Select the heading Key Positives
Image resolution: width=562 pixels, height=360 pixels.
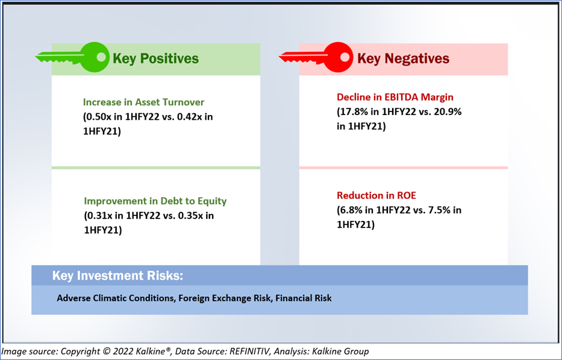coord(155,58)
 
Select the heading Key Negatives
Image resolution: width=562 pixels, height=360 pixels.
coord(403,58)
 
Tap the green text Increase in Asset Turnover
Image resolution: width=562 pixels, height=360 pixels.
coord(144,102)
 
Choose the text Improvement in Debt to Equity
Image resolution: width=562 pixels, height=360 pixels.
coord(155,201)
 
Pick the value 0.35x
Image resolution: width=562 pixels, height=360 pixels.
coord(192,216)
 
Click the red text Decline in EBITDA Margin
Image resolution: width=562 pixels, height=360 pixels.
coord(395,97)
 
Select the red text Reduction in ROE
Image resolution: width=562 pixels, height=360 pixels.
coord(376,196)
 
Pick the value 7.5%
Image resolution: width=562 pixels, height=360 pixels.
coord(439,210)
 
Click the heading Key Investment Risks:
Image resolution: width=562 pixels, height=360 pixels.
coord(117,276)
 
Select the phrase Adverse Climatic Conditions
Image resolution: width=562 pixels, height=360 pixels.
coord(116,298)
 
